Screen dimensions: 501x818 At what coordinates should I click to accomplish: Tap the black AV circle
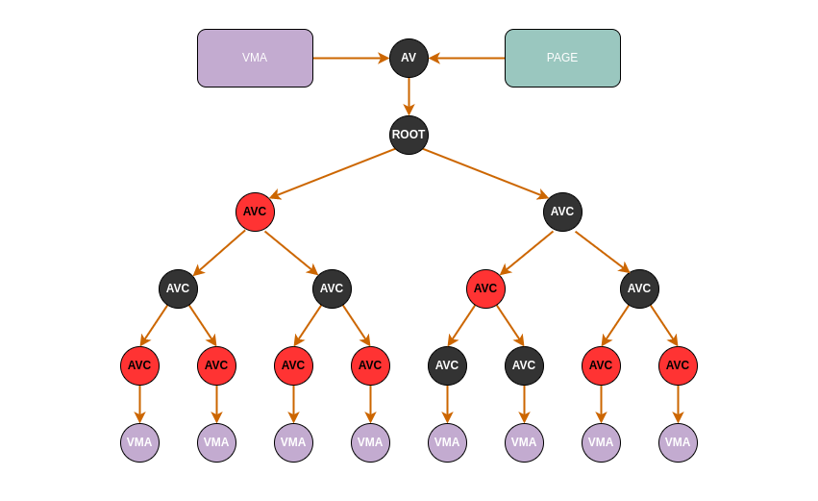coord(409,58)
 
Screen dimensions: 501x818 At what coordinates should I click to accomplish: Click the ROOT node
coord(409,135)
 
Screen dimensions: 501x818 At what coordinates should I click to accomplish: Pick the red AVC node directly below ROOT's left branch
coord(255,212)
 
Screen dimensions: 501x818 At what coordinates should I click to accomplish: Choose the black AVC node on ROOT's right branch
coord(562,212)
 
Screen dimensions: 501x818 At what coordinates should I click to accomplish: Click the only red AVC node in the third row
coord(485,288)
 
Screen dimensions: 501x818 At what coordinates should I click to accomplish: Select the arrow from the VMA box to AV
coord(351,58)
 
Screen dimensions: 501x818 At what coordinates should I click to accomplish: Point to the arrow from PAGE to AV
coord(467,58)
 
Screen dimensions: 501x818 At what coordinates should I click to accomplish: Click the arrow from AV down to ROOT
coord(409,96)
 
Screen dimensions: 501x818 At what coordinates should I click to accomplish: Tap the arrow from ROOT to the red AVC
coord(333,173)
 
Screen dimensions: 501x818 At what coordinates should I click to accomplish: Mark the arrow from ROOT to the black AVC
coord(485,173)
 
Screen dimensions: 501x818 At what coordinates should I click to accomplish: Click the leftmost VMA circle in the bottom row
coord(139,442)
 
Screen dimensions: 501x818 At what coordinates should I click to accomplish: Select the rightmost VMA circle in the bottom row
coord(678,442)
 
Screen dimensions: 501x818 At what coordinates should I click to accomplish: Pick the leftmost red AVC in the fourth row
coord(139,365)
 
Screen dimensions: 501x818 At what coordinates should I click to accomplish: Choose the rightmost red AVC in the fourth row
coord(678,365)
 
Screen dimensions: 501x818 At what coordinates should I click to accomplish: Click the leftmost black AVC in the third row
coord(178,288)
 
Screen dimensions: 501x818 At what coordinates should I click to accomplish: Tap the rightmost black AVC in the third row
coord(639,288)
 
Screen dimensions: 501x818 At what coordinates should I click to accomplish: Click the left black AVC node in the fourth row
coord(447,365)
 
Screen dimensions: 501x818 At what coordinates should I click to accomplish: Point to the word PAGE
coord(562,58)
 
